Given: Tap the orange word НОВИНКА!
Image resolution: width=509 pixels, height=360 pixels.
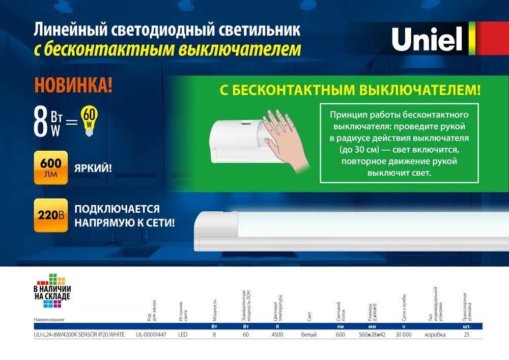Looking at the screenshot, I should pos(73,85).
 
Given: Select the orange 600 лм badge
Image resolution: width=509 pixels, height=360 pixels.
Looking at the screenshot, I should pos(50,168).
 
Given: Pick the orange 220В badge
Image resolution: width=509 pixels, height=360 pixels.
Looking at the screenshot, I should pos(50,215).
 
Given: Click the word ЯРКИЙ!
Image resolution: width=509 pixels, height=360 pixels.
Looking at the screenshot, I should pos(93,168).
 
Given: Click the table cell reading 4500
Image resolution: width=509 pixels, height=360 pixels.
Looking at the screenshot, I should pos(277,335).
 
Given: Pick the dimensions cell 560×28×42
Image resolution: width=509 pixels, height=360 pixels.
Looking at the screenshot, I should pos(372,335).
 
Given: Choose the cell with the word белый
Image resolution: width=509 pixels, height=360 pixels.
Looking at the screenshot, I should pos(309,335).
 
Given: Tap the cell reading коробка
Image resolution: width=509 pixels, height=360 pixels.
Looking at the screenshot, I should pos(435,335).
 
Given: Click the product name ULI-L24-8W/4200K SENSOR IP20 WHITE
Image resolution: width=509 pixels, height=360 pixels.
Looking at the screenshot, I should pos(79,335).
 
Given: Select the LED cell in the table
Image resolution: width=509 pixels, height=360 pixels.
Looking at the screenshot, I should pos(183,335).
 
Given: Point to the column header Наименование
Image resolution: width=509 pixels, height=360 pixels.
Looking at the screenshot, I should pos(49,319).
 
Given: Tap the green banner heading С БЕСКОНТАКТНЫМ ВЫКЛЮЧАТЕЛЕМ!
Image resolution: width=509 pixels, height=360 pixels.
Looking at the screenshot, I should pos(350,91).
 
